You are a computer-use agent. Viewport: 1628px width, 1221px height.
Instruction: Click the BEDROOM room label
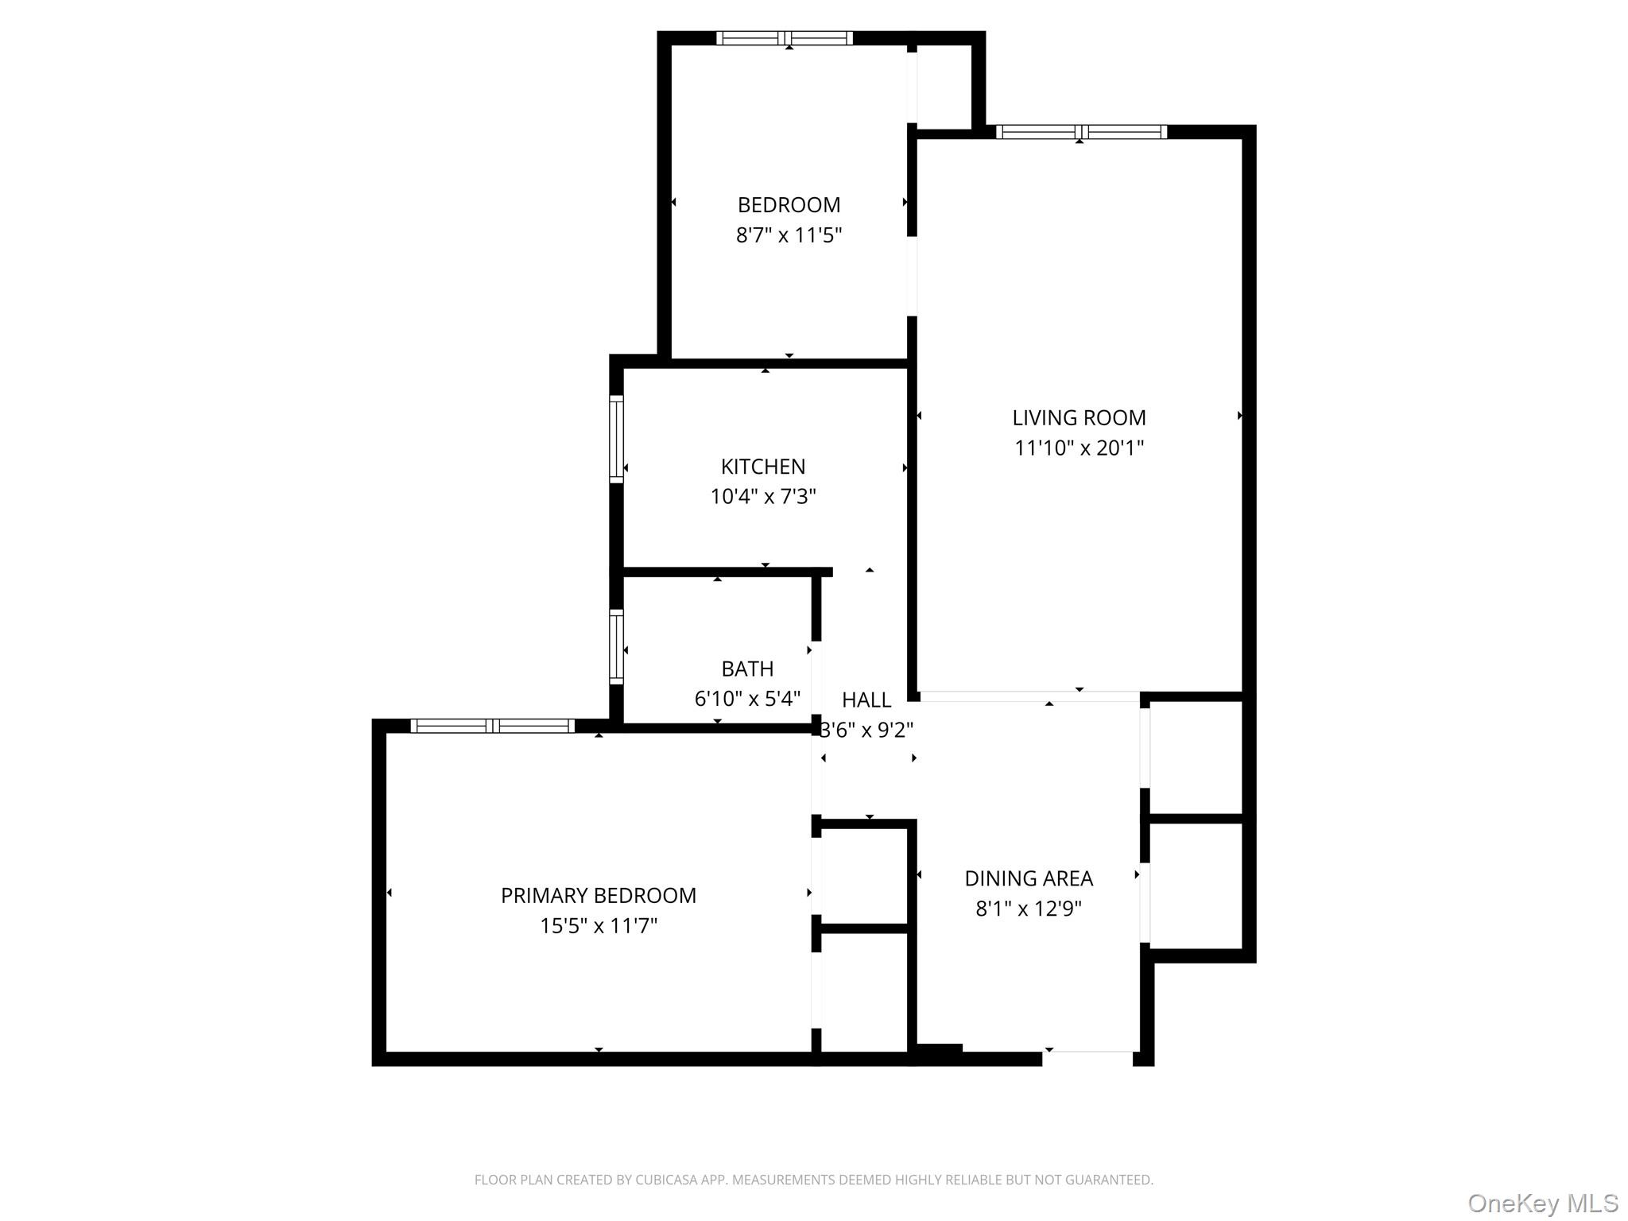[x=789, y=205]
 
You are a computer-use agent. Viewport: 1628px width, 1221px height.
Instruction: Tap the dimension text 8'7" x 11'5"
[x=789, y=235]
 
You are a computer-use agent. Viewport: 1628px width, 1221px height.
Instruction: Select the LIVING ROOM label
[x=1079, y=418]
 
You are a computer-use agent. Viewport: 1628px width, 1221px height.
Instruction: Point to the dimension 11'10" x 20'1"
[x=1079, y=448]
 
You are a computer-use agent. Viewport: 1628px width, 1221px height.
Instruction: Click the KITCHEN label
[x=763, y=467]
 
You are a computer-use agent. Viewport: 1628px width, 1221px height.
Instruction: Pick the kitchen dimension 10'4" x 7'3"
[x=763, y=497]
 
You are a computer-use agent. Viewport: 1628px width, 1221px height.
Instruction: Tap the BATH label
[x=747, y=669]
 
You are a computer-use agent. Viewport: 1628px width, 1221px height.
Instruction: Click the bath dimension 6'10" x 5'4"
[x=747, y=700]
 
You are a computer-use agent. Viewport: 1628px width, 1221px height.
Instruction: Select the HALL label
[x=866, y=700]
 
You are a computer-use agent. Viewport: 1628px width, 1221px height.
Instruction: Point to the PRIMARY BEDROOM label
[x=599, y=896]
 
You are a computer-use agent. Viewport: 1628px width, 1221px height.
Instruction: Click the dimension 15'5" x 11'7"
[x=599, y=926]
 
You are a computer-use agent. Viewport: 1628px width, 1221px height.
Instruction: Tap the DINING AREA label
[x=1029, y=878]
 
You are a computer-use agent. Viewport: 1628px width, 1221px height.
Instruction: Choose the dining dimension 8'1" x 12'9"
[x=1029, y=909]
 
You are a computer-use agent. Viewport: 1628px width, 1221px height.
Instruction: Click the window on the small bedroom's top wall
[x=785, y=38]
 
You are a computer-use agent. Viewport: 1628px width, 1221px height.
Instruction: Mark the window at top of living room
[x=1082, y=132]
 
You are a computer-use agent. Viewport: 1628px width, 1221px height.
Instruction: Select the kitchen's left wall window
[x=616, y=439]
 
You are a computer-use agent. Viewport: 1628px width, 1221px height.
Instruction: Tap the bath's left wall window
[x=616, y=646]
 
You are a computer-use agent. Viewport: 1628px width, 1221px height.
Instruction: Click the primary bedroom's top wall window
[x=493, y=726]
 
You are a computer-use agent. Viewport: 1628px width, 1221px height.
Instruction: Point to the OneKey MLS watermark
[x=1543, y=1203]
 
